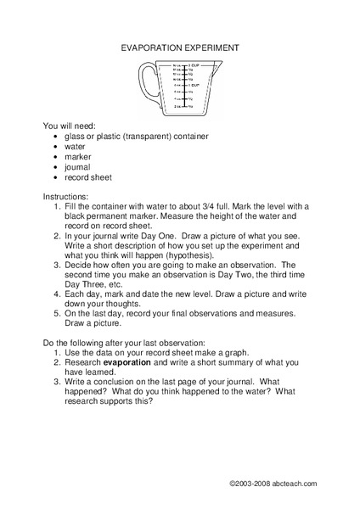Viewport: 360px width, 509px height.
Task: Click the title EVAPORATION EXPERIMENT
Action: [179, 49]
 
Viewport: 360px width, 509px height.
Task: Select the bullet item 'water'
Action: [75, 146]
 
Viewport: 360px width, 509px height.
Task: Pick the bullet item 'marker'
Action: [77, 156]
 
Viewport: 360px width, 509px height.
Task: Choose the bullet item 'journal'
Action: [78, 167]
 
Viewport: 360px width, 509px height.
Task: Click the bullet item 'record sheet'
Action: [87, 178]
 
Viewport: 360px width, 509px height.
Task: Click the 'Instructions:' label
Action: [70, 197]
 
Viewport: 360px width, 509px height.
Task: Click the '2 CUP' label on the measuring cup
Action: [194, 65]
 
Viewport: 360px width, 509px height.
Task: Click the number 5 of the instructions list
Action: [56, 313]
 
